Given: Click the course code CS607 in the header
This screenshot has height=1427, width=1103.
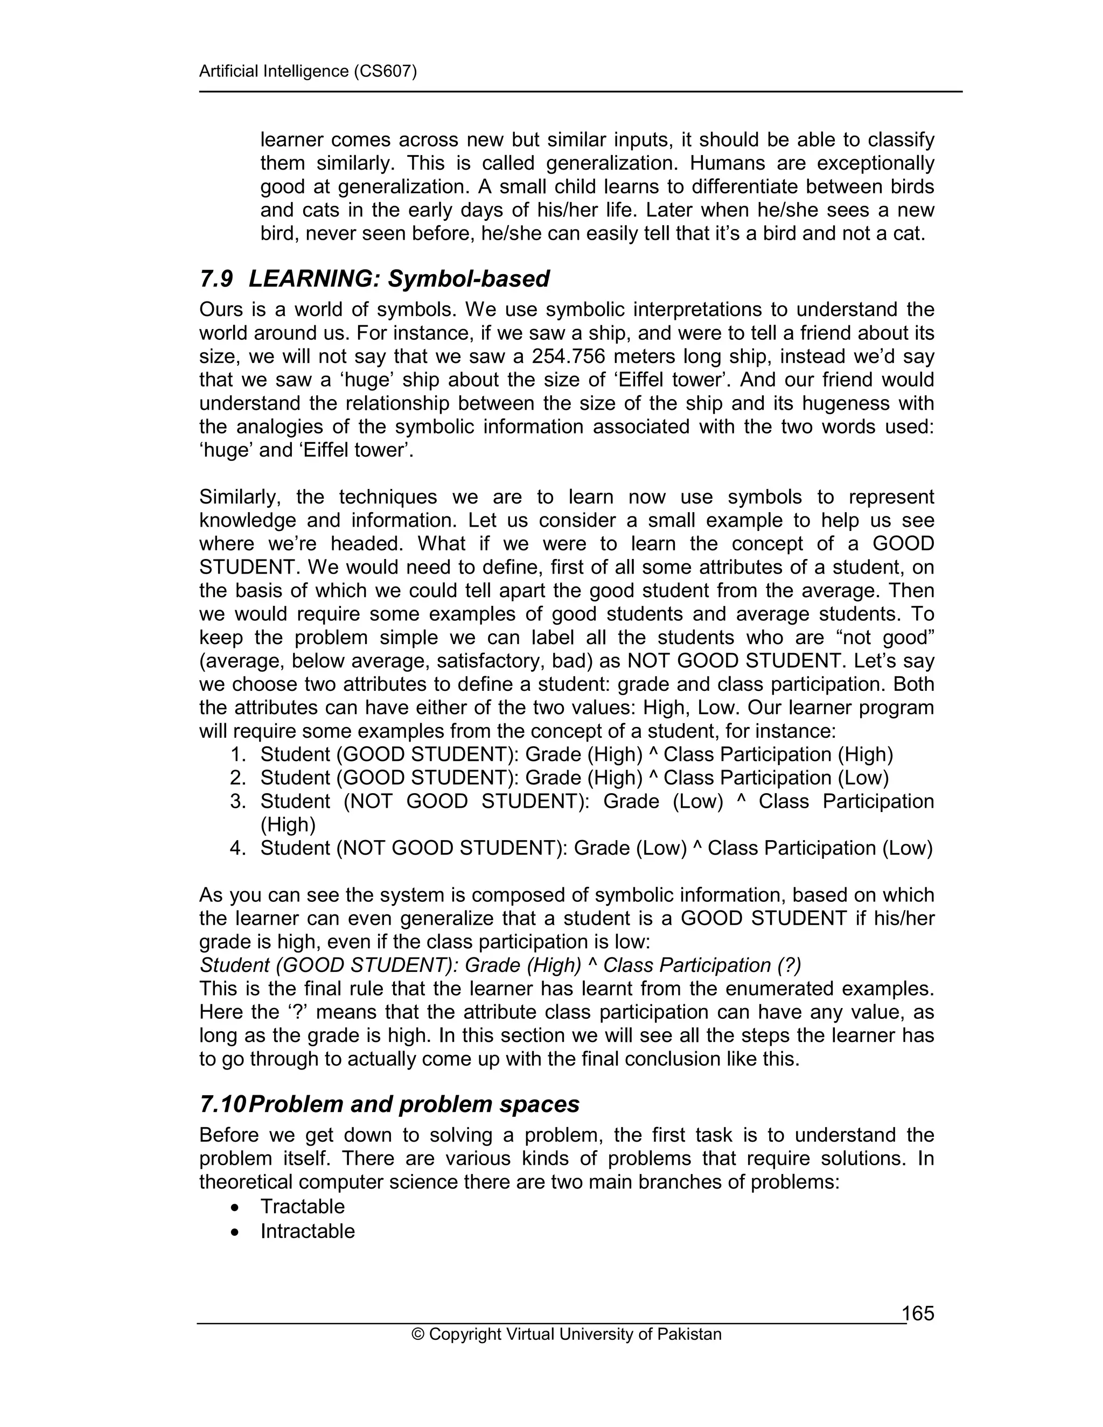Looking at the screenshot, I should pos(384,71).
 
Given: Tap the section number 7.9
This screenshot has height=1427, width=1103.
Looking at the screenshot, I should pos(217,279).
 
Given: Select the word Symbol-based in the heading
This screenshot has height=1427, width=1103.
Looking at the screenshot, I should pos(469,279).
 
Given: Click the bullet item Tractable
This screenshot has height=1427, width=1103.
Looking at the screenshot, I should pos(302,1206).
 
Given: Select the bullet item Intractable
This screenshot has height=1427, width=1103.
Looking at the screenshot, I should pos(307,1231).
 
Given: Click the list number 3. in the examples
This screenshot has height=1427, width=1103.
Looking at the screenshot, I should pos(238,802).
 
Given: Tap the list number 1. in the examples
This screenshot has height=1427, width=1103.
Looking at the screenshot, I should pos(238,754).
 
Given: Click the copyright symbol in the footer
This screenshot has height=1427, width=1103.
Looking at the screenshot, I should pos(417,1334).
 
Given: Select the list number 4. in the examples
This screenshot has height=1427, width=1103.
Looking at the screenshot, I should pos(238,849).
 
